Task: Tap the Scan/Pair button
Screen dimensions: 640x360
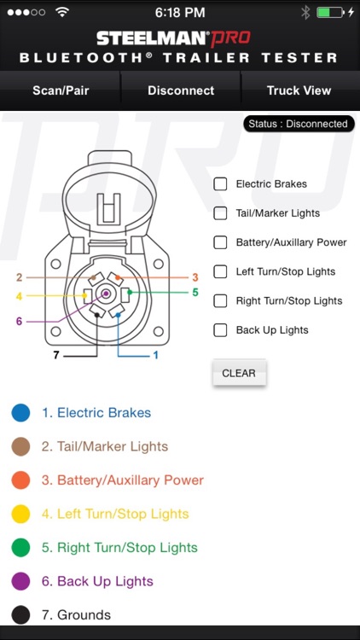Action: [60, 90]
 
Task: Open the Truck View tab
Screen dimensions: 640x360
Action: [299, 90]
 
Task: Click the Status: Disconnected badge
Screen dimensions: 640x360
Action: [298, 124]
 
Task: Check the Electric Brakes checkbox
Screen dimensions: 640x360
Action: [220, 183]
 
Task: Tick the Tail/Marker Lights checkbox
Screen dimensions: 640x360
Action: [220, 213]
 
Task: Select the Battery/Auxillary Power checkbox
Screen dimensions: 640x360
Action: [220, 242]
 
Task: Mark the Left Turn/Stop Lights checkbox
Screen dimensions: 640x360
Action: [220, 271]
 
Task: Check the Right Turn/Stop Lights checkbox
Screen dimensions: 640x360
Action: [220, 300]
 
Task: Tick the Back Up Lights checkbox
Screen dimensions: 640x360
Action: [220, 330]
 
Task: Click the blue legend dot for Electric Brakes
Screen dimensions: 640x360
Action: [21, 413]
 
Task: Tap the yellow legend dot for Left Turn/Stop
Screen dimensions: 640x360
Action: [21, 514]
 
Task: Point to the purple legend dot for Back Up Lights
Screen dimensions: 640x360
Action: [21, 581]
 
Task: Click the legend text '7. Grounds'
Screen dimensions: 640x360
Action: [76, 614]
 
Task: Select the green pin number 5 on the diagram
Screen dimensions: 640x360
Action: [195, 292]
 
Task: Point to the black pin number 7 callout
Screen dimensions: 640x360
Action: [56, 354]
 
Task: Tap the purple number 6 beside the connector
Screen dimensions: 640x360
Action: [19, 322]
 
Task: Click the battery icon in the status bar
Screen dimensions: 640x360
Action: [328, 13]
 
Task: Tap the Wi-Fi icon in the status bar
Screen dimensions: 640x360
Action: [61, 13]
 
